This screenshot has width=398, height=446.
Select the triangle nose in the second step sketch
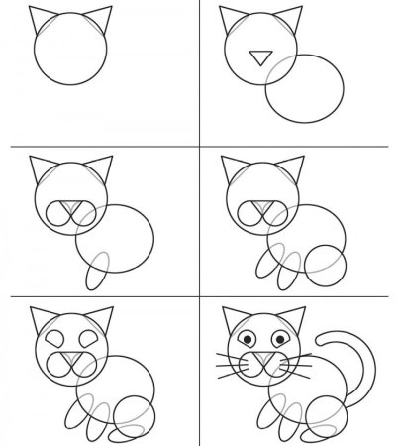259,57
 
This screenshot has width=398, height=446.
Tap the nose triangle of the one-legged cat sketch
68,210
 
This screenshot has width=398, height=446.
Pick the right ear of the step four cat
292,170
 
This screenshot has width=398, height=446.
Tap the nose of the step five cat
69,358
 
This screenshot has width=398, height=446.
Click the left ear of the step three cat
39,170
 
